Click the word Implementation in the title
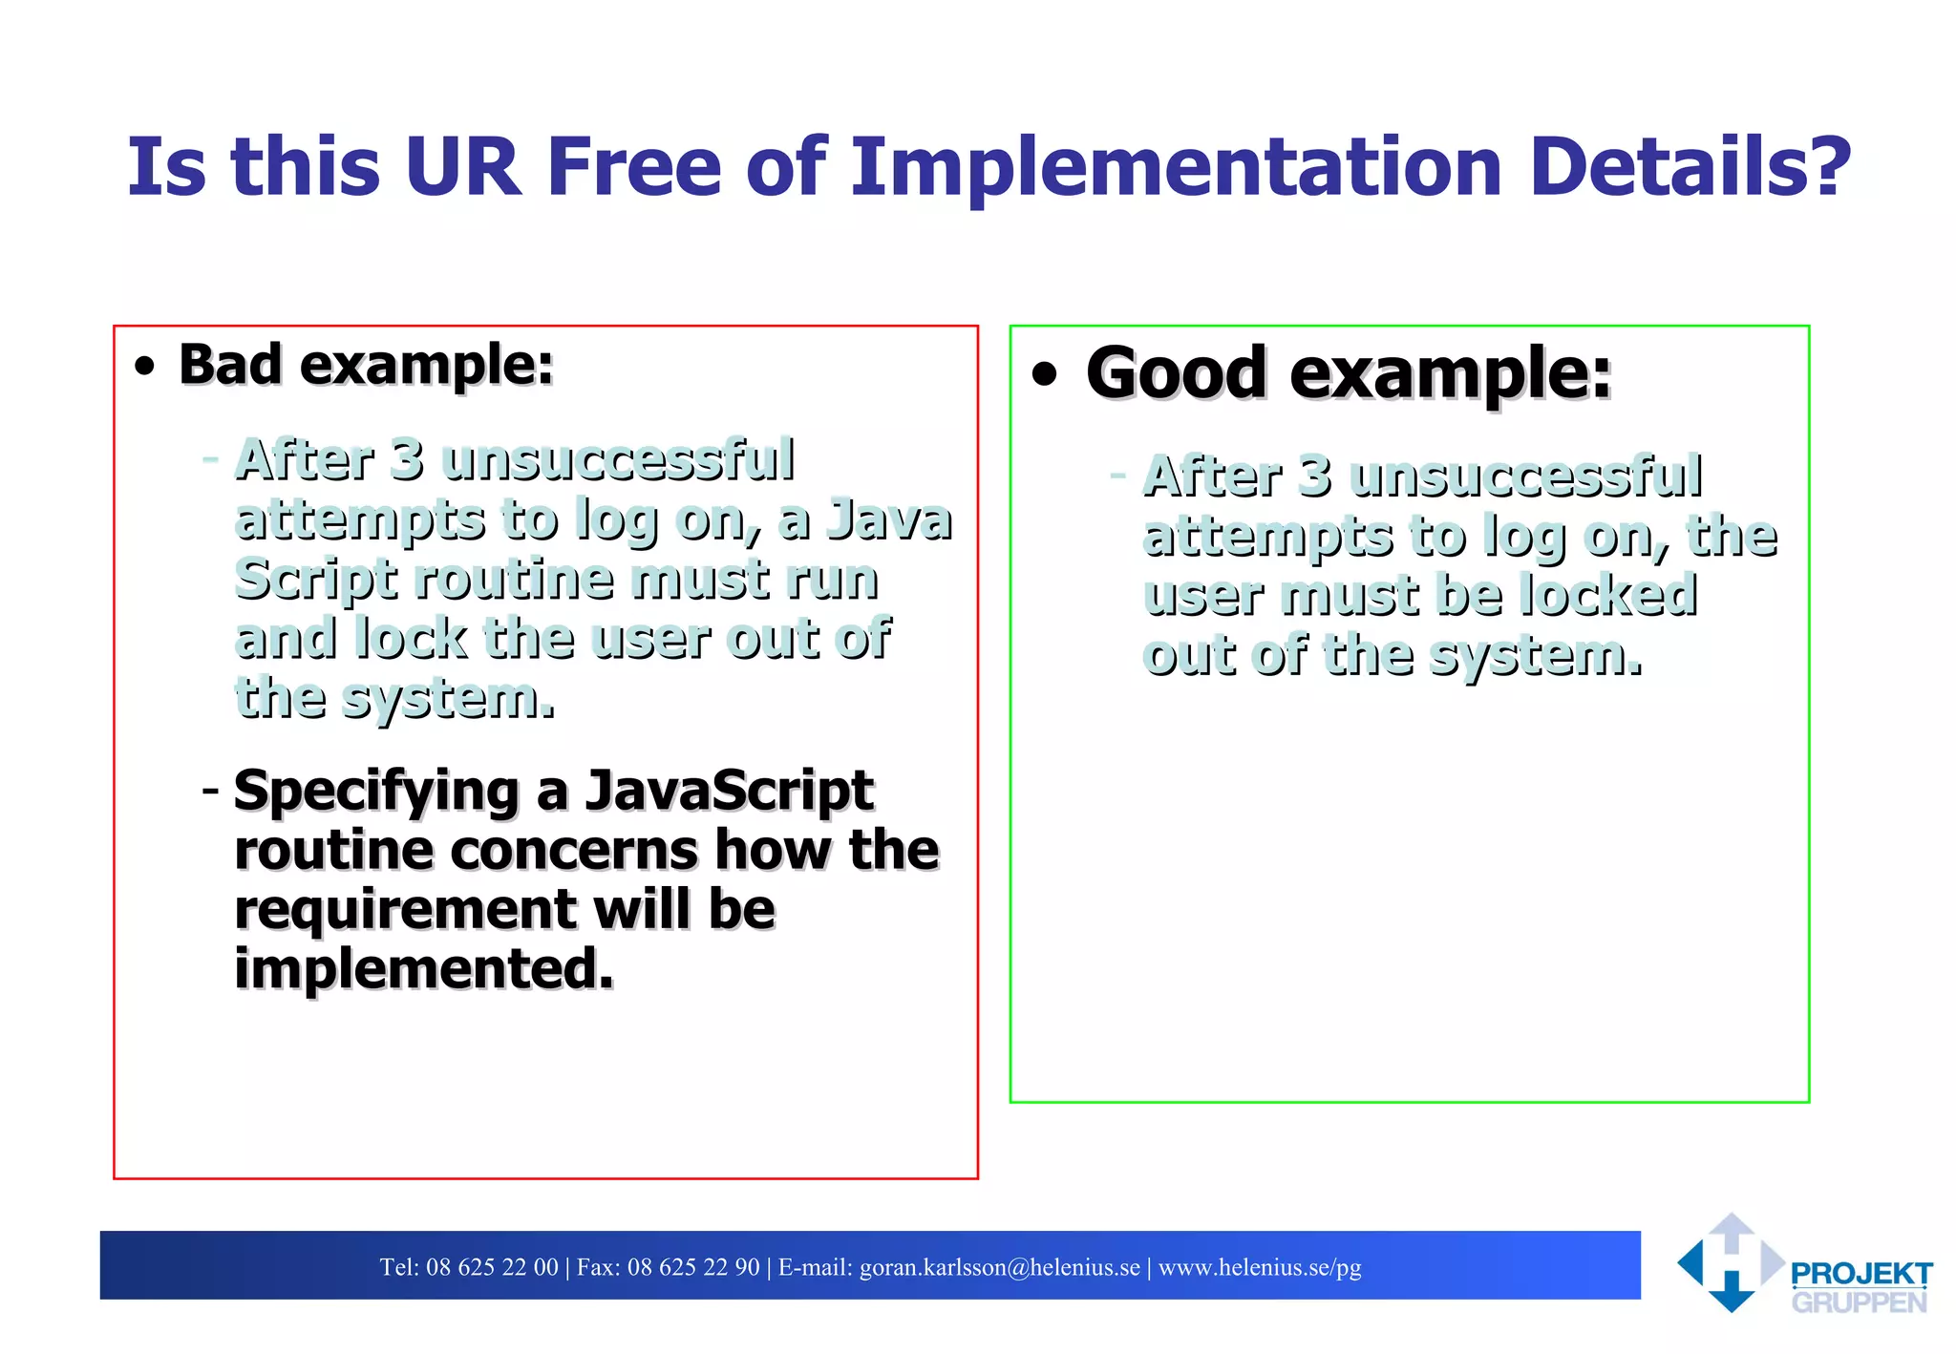coord(1177,167)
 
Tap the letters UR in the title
coord(462,167)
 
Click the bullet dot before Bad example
coord(144,368)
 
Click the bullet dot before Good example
coord(1045,374)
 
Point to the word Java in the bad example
coord(888,521)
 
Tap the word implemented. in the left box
coord(424,969)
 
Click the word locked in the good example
coord(1608,596)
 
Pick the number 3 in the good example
coord(1314,476)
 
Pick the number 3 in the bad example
coord(407,459)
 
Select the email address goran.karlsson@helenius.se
coord(999,1267)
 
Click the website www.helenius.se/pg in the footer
coord(1259,1267)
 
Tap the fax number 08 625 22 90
coord(693,1267)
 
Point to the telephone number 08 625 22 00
coord(492,1267)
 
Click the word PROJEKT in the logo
coord(1860,1274)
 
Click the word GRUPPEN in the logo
coord(1859,1302)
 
